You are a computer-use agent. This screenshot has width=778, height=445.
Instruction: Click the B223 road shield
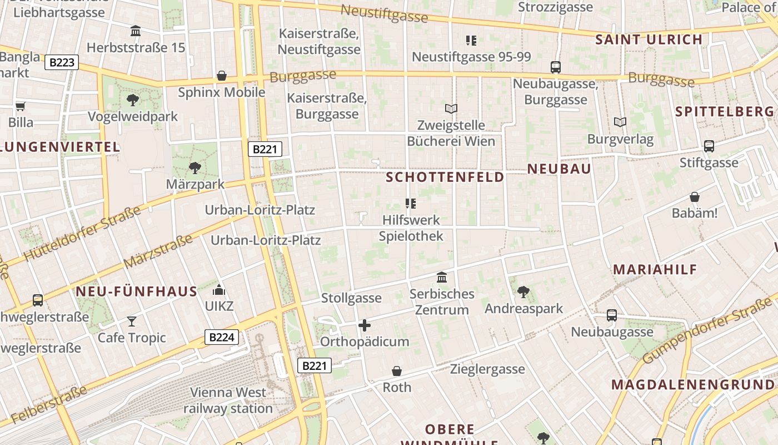coord(62,62)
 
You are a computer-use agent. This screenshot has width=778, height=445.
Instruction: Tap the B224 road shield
coord(222,337)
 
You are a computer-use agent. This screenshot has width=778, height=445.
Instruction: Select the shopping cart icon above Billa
coord(21,106)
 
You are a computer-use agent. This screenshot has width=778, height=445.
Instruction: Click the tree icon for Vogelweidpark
coord(132,100)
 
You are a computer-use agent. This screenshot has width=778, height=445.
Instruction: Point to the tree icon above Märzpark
coord(194,167)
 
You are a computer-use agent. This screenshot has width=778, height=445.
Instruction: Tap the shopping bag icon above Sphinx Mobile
coord(222,76)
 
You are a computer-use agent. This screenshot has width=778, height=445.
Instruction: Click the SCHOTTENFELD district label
coord(445,177)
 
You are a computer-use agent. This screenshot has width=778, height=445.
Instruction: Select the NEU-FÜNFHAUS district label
coord(137,291)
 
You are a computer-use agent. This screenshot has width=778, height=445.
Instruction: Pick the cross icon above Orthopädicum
coord(365,325)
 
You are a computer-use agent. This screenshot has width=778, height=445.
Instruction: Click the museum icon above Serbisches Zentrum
coord(442,277)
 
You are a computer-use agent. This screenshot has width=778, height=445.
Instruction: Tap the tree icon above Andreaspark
coord(523,291)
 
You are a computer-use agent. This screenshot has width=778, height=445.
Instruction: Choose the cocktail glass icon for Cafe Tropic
coord(131,321)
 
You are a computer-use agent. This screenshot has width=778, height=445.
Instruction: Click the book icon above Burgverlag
coord(620,122)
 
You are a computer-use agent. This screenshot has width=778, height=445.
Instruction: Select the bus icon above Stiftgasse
coord(709,146)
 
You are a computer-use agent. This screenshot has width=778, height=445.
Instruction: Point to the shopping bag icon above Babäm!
coord(695,197)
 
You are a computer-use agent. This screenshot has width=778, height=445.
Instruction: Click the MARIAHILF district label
coord(655,270)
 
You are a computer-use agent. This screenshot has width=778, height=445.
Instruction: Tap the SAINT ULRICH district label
coord(649,39)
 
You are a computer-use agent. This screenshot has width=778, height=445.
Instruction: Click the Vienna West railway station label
coord(228,400)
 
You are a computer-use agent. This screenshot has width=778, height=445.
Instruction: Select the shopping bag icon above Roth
coord(397,371)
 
